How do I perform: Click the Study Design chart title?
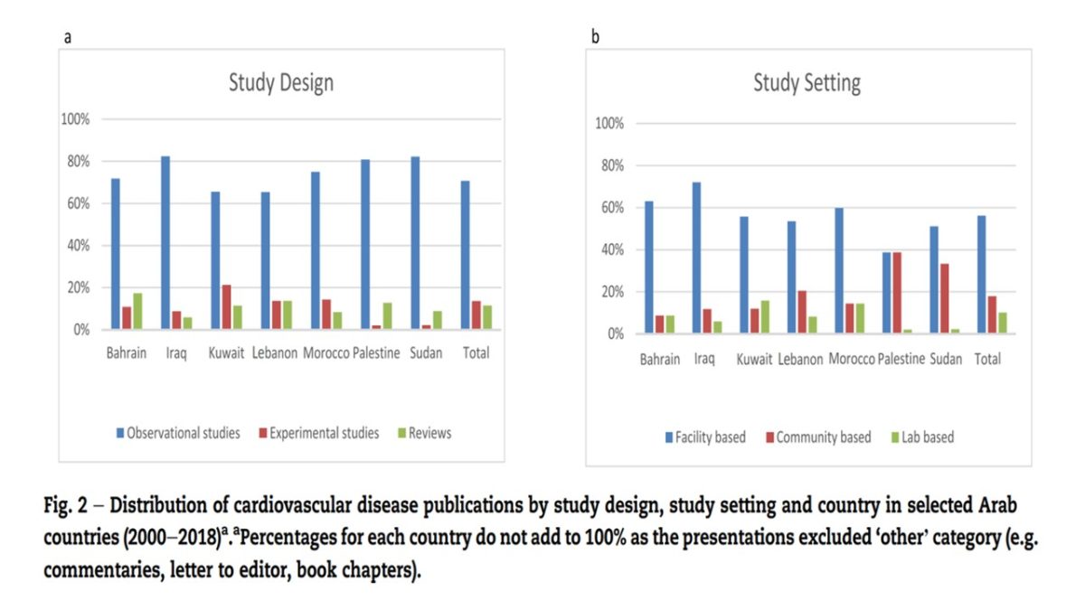280,83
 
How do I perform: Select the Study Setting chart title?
807,83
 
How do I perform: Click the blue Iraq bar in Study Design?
165,243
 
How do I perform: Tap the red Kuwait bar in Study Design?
226,307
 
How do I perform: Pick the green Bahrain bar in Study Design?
137,311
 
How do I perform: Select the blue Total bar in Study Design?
465,255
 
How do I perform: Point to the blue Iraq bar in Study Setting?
696,258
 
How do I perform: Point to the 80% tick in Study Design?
75,162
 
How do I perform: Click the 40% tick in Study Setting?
609,250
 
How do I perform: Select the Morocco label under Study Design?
325,353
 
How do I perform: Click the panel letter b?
595,37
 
